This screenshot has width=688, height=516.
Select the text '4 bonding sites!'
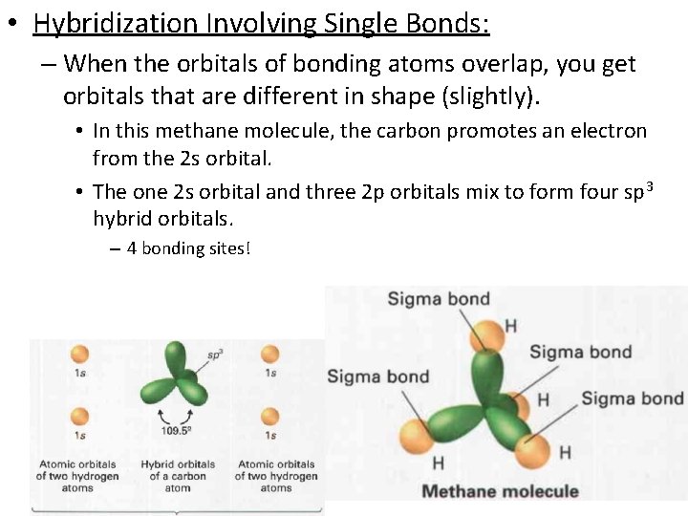(187, 249)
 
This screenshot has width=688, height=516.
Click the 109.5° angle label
(178, 430)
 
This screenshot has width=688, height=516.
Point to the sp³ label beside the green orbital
(215, 355)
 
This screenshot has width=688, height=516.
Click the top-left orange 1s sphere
(79, 354)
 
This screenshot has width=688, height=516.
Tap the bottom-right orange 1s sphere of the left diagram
(270, 417)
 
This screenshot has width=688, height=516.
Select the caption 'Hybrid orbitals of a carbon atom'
(178, 476)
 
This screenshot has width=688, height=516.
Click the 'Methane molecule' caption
(500, 491)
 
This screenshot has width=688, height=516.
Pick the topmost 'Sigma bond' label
(439, 299)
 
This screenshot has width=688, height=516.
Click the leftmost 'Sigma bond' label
(378, 376)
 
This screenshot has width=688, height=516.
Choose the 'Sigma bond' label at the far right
(632, 398)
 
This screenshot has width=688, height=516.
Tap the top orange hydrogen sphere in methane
(487, 334)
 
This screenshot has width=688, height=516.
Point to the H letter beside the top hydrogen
(511, 327)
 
